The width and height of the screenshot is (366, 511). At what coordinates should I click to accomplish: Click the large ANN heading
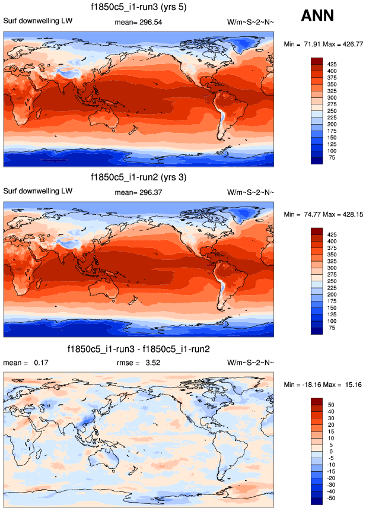pyautogui.click(x=317, y=16)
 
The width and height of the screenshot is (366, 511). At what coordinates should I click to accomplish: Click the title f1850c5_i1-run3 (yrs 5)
pyautogui.click(x=139, y=8)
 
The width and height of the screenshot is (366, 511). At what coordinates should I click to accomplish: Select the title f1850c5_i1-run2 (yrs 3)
pyautogui.click(x=139, y=177)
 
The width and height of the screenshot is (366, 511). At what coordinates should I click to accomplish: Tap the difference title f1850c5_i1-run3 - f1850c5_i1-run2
pyautogui.click(x=139, y=348)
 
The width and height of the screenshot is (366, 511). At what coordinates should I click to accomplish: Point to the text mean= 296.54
pyautogui.click(x=138, y=22)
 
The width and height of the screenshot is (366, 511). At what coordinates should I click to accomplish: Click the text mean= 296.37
pyautogui.click(x=138, y=192)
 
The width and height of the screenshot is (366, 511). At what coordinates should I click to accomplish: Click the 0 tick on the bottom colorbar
pyautogui.click(x=332, y=452)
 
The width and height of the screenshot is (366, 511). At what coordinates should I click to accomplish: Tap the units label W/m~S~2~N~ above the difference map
pyautogui.click(x=251, y=362)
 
